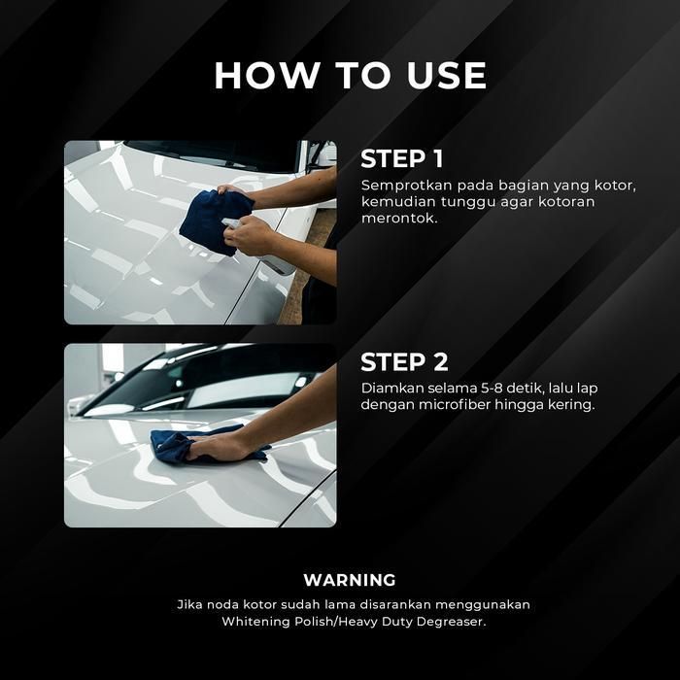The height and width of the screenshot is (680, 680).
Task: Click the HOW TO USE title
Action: (x=351, y=76)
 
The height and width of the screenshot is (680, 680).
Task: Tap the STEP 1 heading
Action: (x=402, y=158)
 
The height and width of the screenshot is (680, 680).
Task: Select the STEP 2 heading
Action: (x=404, y=361)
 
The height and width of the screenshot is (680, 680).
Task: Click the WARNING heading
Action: (x=350, y=580)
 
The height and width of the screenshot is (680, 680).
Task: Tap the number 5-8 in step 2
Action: (x=489, y=388)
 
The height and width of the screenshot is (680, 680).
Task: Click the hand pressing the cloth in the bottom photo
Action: (x=221, y=448)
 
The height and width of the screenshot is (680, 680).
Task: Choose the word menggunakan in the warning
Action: (x=483, y=605)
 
